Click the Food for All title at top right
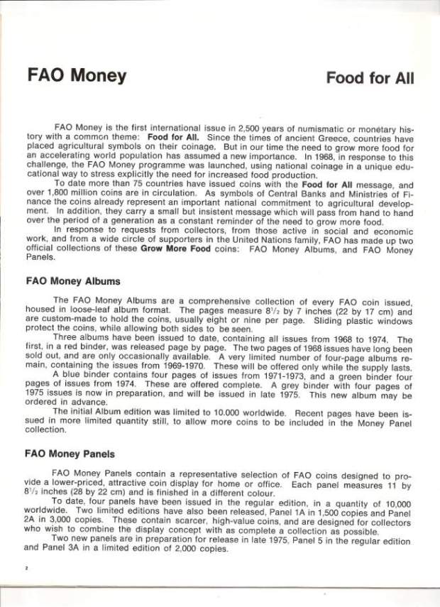click(370, 77)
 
